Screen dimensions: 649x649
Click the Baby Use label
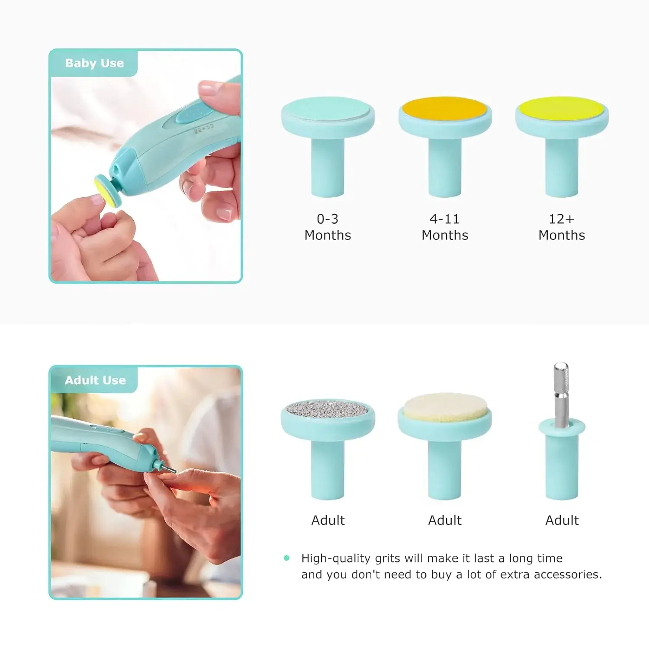pyautogui.click(x=94, y=63)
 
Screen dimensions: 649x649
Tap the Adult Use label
pyautogui.click(x=95, y=380)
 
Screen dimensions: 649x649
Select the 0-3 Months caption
pyautogui.click(x=328, y=227)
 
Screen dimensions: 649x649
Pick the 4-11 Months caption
pyautogui.click(x=445, y=227)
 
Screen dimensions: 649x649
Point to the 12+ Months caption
pyautogui.click(x=562, y=227)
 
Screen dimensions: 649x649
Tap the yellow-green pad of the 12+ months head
pyautogui.click(x=562, y=108)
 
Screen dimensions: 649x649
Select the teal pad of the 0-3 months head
pyautogui.click(x=328, y=108)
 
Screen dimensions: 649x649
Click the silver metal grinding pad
pyautogui.click(x=328, y=408)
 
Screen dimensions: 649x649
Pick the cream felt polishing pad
pyautogui.click(x=445, y=407)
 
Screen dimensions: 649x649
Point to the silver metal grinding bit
pyautogui.click(x=561, y=394)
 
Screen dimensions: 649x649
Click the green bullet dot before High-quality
pyautogui.click(x=286, y=558)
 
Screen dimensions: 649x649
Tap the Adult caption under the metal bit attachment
pyautogui.click(x=562, y=520)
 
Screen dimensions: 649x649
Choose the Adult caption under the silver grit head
pyautogui.click(x=328, y=520)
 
